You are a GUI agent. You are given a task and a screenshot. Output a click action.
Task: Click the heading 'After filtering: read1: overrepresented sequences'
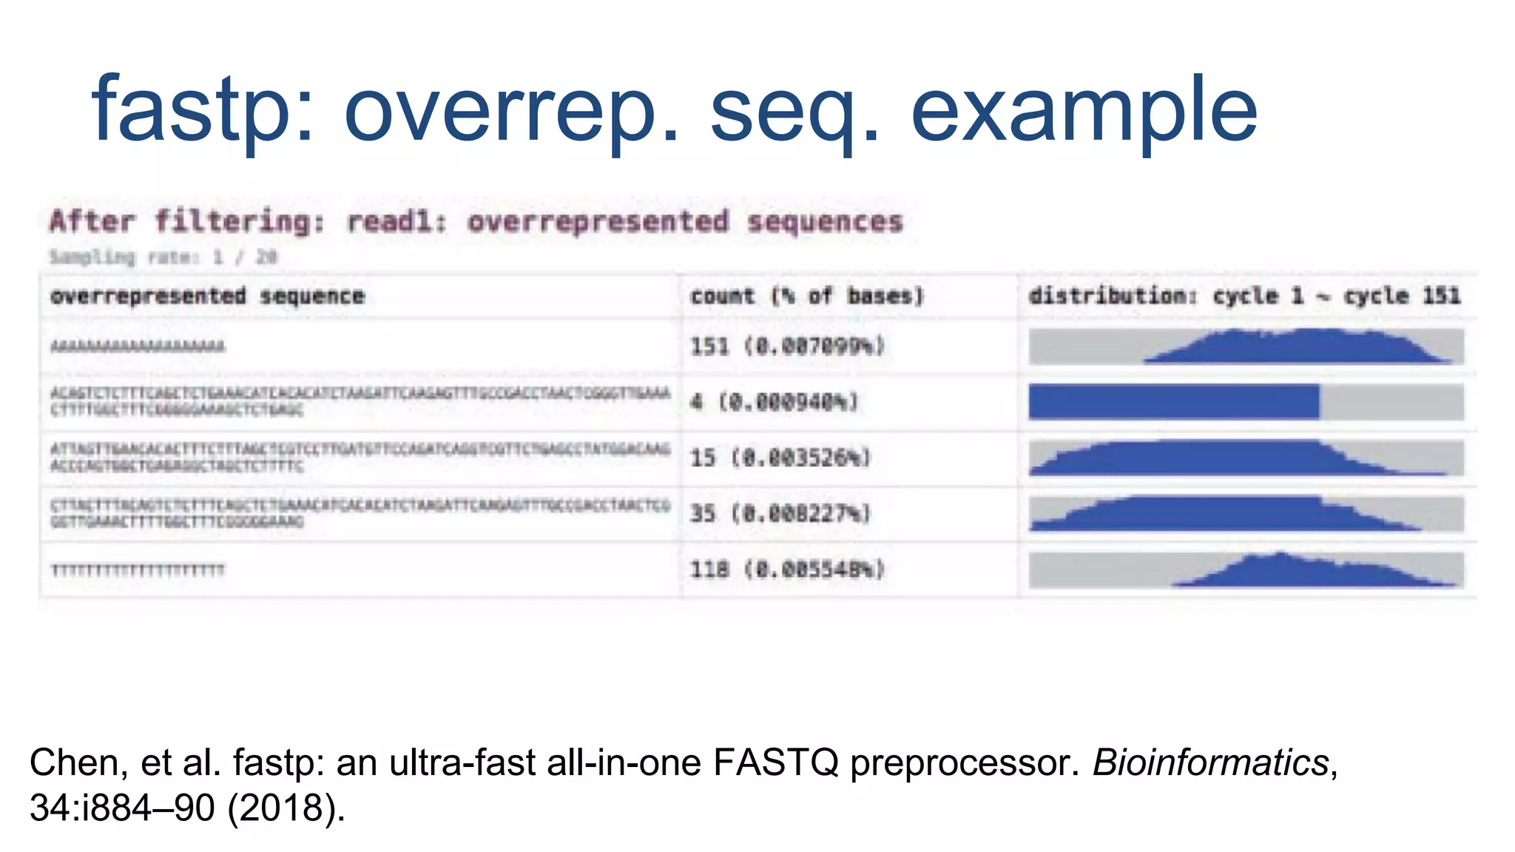(476, 221)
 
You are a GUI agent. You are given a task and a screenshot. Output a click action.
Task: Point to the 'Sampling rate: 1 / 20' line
(163, 257)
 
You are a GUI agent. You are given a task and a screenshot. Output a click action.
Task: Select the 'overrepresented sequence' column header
(207, 296)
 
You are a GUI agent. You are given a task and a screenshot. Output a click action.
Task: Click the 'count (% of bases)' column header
(807, 296)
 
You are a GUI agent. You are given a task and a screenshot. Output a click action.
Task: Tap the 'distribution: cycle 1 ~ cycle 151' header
(1244, 296)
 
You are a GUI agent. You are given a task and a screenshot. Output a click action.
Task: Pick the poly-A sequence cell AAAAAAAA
(138, 346)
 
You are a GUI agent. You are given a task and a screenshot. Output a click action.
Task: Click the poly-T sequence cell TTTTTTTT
(138, 569)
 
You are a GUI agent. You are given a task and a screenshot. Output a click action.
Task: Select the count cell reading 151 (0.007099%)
(787, 346)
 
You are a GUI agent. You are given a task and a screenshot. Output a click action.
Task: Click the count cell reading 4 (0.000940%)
(774, 402)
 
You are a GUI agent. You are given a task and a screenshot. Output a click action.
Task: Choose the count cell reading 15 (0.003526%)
(780, 458)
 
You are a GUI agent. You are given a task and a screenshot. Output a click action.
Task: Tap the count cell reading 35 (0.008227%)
(780, 513)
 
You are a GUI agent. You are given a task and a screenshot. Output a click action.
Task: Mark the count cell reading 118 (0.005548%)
(787, 569)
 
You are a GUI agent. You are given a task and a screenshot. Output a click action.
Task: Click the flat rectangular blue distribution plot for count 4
(1246, 402)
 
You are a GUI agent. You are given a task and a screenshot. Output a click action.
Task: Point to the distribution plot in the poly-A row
(1246, 346)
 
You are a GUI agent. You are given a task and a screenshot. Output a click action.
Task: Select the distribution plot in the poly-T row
(1246, 569)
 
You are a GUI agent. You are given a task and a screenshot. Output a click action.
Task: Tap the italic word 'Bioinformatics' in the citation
(1211, 762)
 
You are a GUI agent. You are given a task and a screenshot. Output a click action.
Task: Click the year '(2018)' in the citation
(286, 808)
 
